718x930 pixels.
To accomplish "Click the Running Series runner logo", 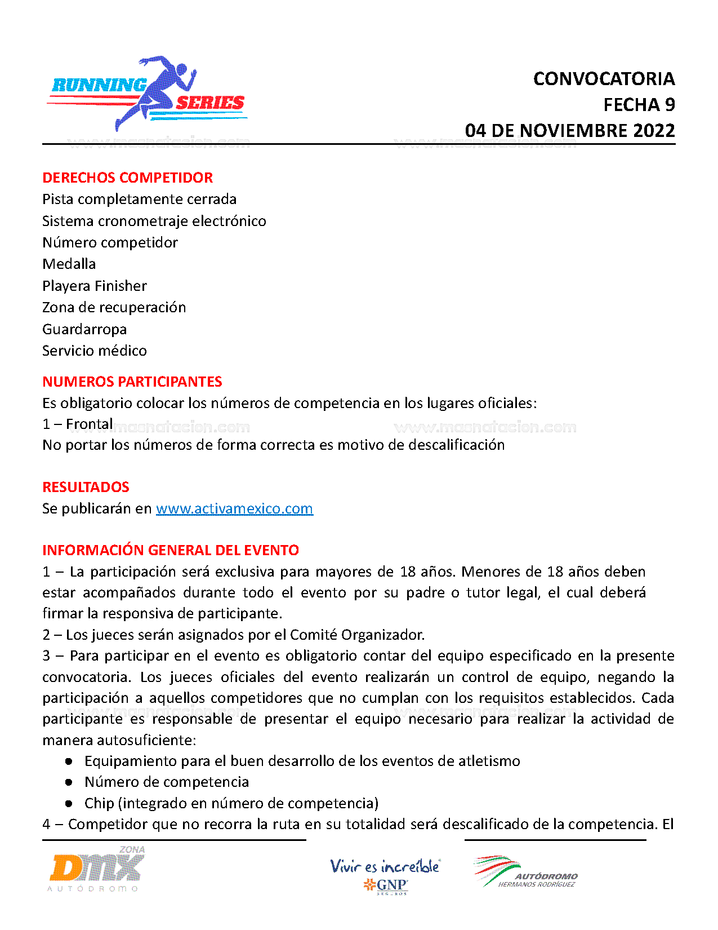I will pyautogui.click(x=148, y=94).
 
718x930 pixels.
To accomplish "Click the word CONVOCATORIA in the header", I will pyautogui.click(x=604, y=79).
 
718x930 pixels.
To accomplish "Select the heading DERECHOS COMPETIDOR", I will pyautogui.click(x=127, y=178).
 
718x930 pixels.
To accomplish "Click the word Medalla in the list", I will pyautogui.click(x=69, y=264).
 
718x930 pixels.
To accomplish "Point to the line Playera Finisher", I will pyautogui.click(x=95, y=286).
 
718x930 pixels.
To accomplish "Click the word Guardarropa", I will pyautogui.click(x=84, y=329).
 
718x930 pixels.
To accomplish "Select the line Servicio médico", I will pyautogui.click(x=95, y=351).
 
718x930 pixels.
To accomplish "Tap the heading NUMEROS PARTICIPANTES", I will pyautogui.click(x=132, y=382).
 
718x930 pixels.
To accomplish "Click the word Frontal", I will pyautogui.click(x=90, y=424).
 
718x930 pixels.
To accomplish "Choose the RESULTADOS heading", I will pyautogui.click(x=86, y=487).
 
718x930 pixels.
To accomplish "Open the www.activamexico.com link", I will pyautogui.click(x=234, y=508).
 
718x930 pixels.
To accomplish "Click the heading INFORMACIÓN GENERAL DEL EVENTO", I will pyautogui.click(x=171, y=550).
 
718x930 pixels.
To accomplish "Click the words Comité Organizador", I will pyautogui.click(x=356, y=635).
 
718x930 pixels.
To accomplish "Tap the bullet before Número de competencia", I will pyautogui.click(x=69, y=782).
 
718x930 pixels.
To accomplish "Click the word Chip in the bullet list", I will pyautogui.click(x=99, y=803).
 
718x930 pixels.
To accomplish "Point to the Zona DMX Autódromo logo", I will pyautogui.click(x=96, y=869).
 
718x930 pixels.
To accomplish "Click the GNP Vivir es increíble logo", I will pyautogui.click(x=385, y=875).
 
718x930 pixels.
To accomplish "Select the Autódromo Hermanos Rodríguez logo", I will pyautogui.click(x=526, y=873).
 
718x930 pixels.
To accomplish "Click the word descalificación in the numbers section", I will pyautogui.click(x=456, y=445).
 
